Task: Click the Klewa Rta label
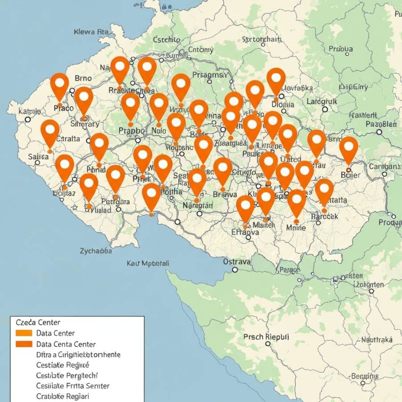tap(90, 32)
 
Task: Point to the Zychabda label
tap(96, 251)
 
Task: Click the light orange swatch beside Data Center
tap(24, 333)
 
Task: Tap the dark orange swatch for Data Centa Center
tap(24, 344)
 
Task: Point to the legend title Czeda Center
tap(38, 322)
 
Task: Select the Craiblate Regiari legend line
tap(63, 396)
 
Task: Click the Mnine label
tap(296, 227)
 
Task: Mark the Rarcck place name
tap(325, 216)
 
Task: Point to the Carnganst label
tap(385, 167)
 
